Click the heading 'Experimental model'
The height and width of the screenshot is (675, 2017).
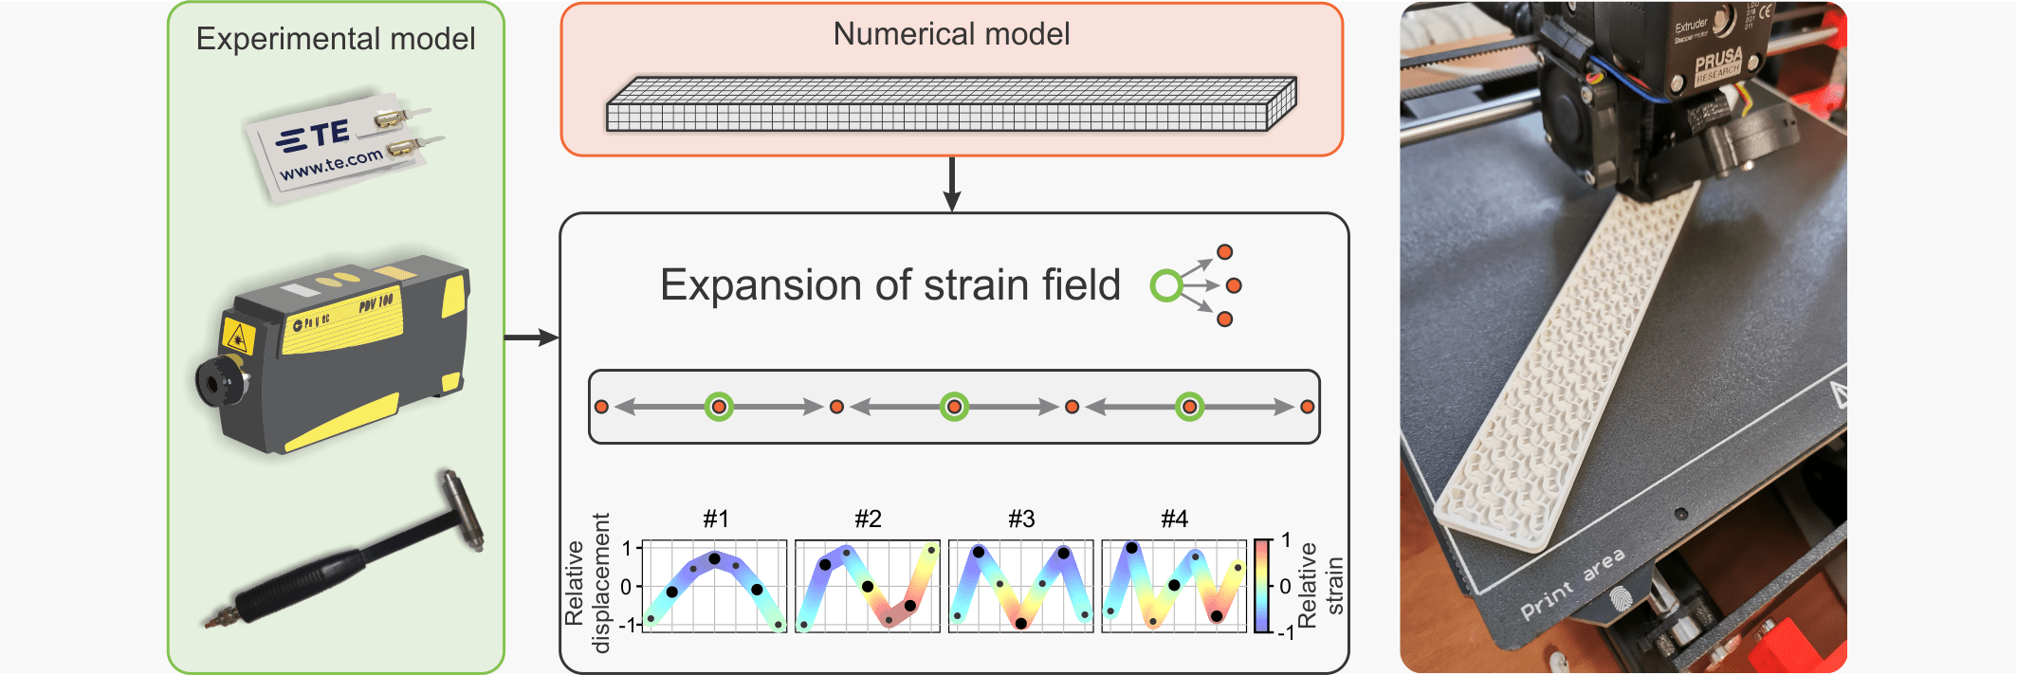336,39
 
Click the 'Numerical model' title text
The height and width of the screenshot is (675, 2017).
951,34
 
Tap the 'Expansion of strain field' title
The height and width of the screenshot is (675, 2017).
889,285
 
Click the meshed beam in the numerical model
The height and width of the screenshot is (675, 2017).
950,105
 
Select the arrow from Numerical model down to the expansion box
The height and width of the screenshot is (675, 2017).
952,184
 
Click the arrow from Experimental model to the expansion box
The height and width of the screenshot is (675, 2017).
532,337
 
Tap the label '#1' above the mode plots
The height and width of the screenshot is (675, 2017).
716,519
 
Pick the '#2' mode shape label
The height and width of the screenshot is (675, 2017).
868,519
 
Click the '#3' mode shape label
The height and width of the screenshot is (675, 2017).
1021,519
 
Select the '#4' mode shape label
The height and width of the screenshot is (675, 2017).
1174,519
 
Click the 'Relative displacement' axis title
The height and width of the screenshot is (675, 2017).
588,584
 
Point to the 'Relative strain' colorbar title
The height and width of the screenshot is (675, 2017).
1320,584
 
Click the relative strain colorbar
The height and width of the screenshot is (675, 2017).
1262,585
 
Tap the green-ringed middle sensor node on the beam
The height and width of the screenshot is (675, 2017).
955,407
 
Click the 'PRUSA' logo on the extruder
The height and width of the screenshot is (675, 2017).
1718,63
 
